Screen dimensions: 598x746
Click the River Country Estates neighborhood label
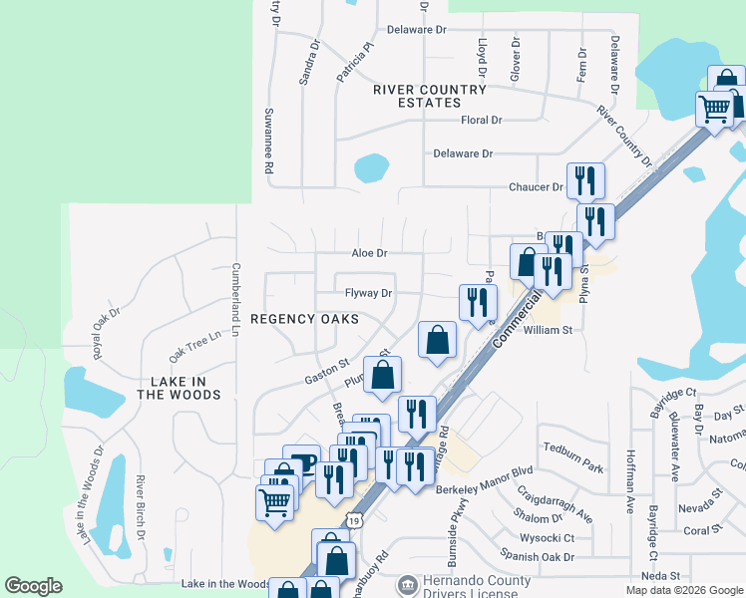click(x=430, y=96)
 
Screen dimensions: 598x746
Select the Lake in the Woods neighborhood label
click(x=179, y=388)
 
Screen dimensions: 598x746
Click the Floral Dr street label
click(x=482, y=121)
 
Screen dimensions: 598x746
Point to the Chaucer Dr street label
click(x=536, y=187)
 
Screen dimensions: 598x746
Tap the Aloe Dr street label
click(x=368, y=254)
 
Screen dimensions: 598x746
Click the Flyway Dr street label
click(x=369, y=294)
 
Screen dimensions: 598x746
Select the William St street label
click(x=549, y=329)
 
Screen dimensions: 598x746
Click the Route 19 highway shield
click(x=354, y=520)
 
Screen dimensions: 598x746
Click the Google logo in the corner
click(x=33, y=586)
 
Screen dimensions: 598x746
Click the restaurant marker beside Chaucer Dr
click(x=585, y=181)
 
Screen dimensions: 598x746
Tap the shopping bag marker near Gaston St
click(x=382, y=376)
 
